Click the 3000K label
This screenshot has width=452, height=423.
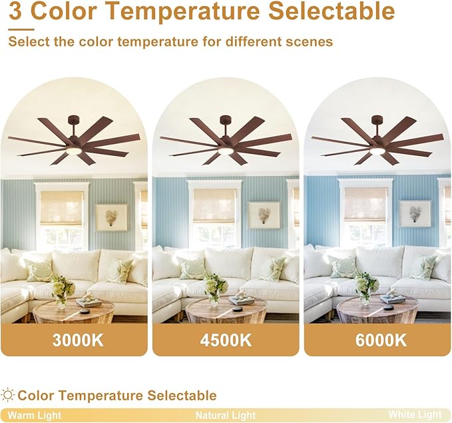pyautogui.click(x=78, y=340)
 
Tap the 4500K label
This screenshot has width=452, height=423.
pyautogui.click(x=226, y=340)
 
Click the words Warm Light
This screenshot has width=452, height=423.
pyautogui.click(x=35, y=415)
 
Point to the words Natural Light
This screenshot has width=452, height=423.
pyautogui.click(x=226, y=415)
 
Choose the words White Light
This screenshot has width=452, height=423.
pyautogui.click(x=415, y=414)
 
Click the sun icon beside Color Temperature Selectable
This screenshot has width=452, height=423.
pyautogui.click(x=9, y=396)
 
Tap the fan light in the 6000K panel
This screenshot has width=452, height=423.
pyautogui.click(x=377, y=151)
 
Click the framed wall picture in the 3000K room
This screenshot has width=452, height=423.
pyautogui.click(x=111, y=216)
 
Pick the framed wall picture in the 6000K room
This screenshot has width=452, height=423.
pyautogui.click(x=415, y=214)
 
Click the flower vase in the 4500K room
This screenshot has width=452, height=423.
pyautogui.click(x=214, y=289)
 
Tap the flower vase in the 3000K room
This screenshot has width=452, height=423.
pyautogui.click(x=62, y=290)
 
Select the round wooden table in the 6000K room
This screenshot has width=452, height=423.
pyautogui.click(x=377, y=310)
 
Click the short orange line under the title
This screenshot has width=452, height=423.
pyautogui.click(x=21, y=29)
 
